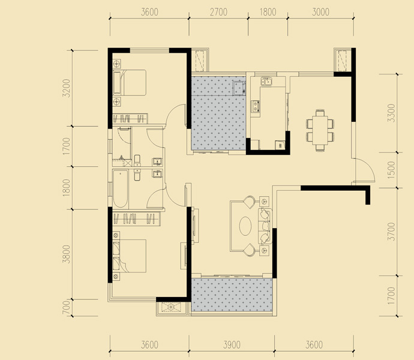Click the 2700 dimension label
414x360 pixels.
[x=218, y=12]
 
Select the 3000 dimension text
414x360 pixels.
[x=320, y=12]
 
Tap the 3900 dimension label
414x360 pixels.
[x=232, y=344]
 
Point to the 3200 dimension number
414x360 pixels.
[x=66, y=88]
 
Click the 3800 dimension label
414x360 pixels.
[x=66, y=254]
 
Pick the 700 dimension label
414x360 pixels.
[x=66, y=308]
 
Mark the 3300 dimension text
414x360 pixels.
[x=391, y=113]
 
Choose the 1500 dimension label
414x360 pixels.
[x=391, y=170]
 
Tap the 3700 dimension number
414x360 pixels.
[x=391, y=232]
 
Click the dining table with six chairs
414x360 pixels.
[x=320, y=130]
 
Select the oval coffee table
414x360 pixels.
[x=245, y=226]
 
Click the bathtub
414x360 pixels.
[x=121, y=189]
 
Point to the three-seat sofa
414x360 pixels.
[x=265, y=226]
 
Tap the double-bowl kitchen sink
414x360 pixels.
[x=266, y=82]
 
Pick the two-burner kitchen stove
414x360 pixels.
[x=256, y=106]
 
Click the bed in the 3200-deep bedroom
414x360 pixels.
[x=130, y=83]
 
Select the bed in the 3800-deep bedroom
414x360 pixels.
[x=130, y=256]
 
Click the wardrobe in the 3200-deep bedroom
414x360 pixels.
[x=130, y=118]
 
